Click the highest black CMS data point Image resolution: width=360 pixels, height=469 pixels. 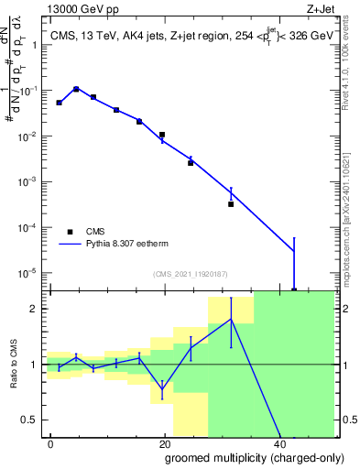(x=76, y=90)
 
